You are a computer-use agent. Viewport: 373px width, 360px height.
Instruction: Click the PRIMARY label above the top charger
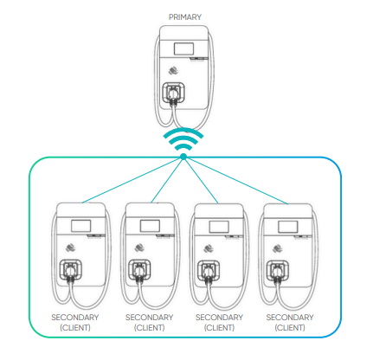tap(185, 17)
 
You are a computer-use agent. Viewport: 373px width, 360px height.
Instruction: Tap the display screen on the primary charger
tap(183, 48)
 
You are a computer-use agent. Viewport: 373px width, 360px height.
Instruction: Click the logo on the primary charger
tap(173, 70)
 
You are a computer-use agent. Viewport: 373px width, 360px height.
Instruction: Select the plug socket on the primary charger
tap(173, 93)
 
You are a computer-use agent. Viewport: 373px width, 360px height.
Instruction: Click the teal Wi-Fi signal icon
tap(183, 139)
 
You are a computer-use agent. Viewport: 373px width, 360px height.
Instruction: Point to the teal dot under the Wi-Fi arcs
tap(183, 157)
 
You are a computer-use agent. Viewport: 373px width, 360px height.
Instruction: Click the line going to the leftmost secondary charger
tap(132, 180)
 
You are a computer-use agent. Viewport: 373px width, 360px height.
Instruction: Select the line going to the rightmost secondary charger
tap(235, 180)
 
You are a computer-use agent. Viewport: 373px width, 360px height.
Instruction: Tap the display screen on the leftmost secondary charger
tap(81, 226)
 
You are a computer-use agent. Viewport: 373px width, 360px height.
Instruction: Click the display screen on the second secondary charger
tap(150, 226)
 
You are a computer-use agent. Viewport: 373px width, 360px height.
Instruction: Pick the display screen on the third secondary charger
tap(219, 227)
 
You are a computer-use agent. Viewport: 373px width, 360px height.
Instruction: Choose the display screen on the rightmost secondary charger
tap(288, 227)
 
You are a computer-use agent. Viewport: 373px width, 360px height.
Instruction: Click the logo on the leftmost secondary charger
tap(71, 247)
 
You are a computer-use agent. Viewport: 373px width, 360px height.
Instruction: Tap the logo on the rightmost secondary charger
tap(278, 248)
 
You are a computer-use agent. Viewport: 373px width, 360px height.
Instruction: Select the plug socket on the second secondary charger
tap(139, 270)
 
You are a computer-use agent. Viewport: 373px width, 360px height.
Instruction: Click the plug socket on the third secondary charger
tap(209, 271)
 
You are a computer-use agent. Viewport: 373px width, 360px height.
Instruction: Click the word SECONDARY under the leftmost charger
tap(75, 318)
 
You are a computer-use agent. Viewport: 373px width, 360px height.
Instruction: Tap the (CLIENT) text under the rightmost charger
tap(290, 328)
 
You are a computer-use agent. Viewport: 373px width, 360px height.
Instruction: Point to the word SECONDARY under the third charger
tap(219, 318)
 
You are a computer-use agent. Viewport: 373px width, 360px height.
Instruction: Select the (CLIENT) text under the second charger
tap(150, 328)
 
